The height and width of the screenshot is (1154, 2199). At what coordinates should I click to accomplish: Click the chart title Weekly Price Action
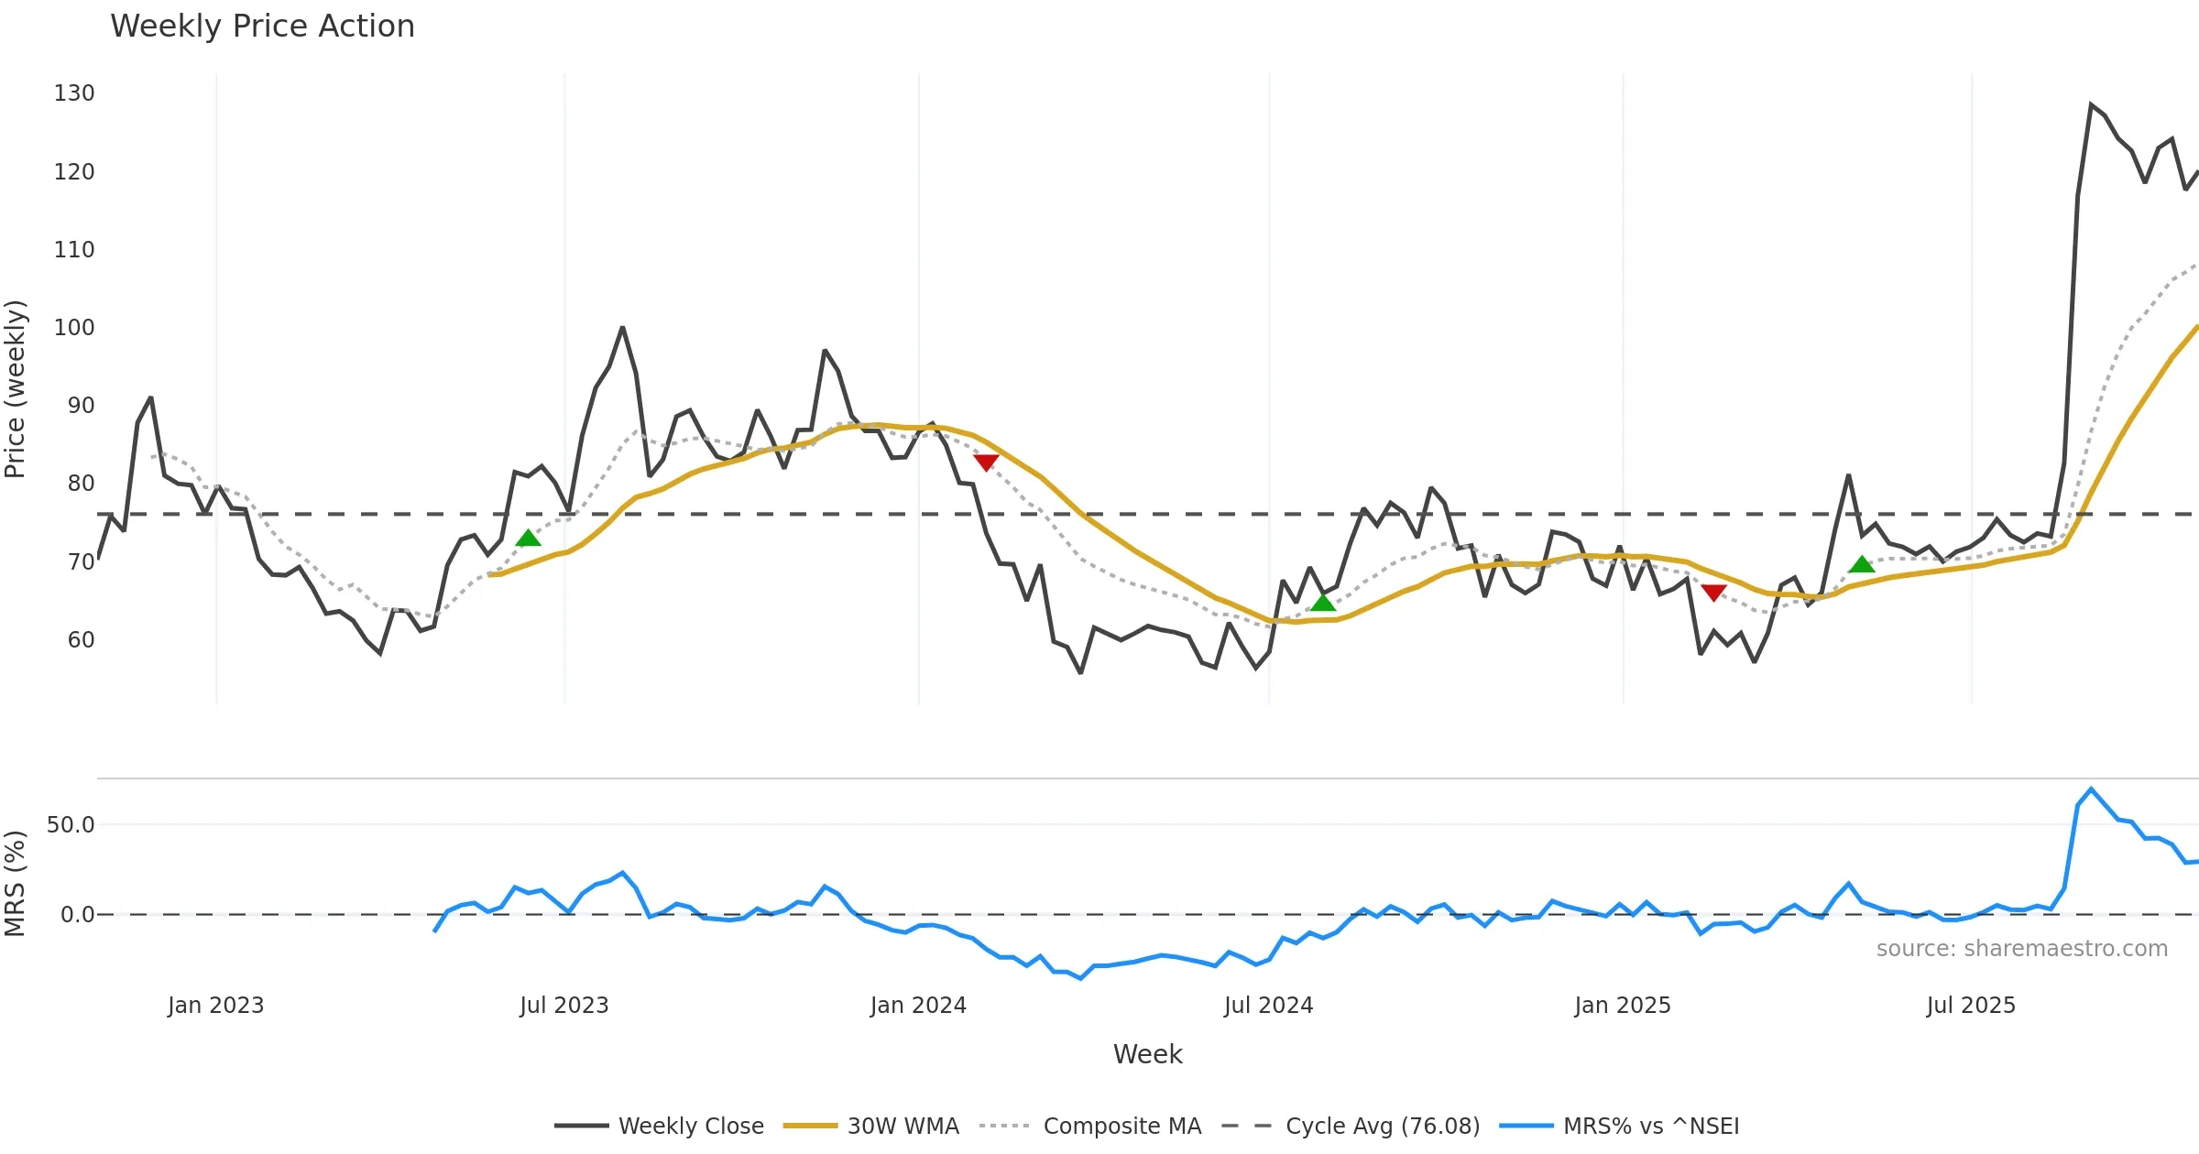(x=262, y=27)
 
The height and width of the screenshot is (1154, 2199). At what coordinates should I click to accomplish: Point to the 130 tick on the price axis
(x=74, y=93)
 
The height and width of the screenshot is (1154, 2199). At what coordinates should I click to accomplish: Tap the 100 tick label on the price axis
(x=74, y=328)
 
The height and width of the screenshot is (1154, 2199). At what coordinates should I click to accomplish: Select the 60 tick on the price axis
(x=81, y=640)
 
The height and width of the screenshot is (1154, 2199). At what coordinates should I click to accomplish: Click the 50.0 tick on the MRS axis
(x=71, y=825)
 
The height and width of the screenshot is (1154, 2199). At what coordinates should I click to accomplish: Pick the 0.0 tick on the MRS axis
(x=77, y=915)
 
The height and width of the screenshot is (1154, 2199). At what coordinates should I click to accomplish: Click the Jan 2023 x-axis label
(x=216, y=1006)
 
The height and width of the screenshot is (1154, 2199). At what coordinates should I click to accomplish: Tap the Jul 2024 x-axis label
(x=1268, y=1006)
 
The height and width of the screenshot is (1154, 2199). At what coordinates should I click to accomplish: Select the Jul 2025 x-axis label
(x=1971, y=1006)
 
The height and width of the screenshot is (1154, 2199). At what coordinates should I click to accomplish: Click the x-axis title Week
(x=1147, y=1055)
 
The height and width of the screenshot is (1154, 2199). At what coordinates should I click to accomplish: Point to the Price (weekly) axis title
(x=16, y=389)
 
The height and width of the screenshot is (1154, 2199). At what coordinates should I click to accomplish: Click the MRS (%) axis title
(x=16, y=884)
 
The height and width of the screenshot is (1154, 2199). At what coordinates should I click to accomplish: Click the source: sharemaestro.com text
(x=2021, y=949)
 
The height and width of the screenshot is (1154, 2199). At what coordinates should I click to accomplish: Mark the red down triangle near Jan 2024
(x=986, y=463)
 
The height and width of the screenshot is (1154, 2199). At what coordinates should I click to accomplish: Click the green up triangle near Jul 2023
(x=529, y=539)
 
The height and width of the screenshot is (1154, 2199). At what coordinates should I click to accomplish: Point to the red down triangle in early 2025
(x=1713, y=593)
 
